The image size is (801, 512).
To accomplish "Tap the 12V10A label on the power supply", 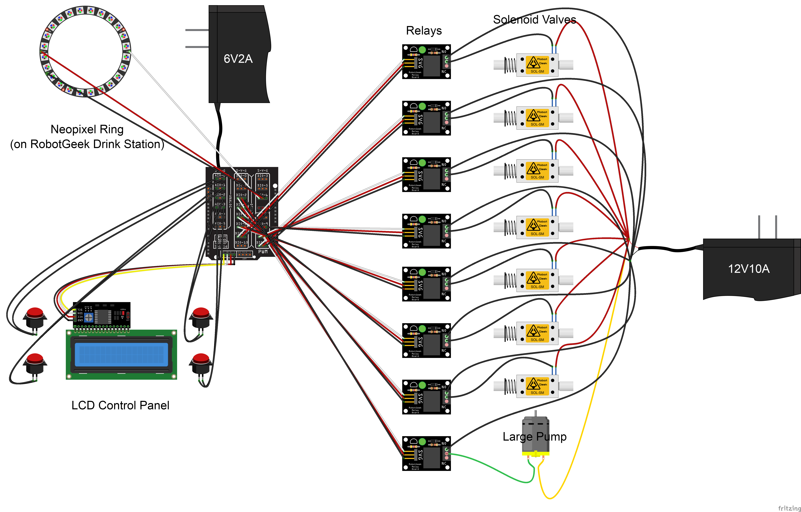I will pyautogui.click(x=748, y=269).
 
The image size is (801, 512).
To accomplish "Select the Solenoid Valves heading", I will pyautogui.click(x=534, y=20).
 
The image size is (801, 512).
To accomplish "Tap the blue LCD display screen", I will pyautogui.click(x=121, y=354).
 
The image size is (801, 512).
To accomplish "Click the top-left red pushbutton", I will pyautogui.click(x=35, y=313).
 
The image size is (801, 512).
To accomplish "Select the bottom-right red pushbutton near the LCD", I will pyautogui.click(x=201, y=359).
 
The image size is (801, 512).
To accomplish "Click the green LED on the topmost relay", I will pyautogui.click(x=422, y=50).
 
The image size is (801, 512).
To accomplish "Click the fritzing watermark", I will pyautogui.click(x=789, y=508).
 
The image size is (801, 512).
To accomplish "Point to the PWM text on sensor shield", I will pyautogui.click(x=263, y=252).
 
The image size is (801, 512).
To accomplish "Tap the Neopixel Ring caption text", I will pyautogui.click(x=87, y=129).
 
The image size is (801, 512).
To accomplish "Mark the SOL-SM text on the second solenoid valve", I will pyautogui.click(x=537, y=124).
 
